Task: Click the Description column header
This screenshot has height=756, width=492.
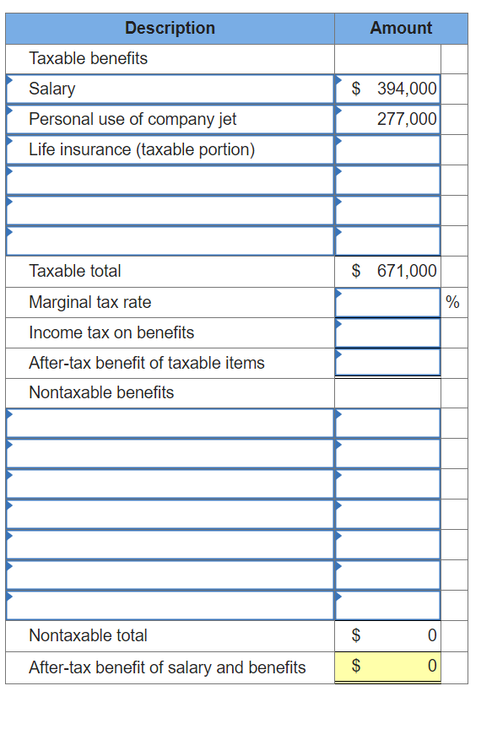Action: [170, 28]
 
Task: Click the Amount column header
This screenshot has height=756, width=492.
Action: [401, 28]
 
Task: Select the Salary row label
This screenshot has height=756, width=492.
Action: [52, 89]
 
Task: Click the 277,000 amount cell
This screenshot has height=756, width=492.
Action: [406, 119]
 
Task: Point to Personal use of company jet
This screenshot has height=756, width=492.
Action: [132, 119]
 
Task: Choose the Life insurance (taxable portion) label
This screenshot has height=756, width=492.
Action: [142, 149]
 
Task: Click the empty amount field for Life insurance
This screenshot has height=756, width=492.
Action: [388, 149]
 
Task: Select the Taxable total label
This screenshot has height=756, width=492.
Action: [75, 271]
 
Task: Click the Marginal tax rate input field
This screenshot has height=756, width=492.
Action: [388, 302]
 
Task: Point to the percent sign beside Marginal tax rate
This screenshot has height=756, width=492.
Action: [452, 302]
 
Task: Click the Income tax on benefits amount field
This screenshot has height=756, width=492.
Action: [388, 332]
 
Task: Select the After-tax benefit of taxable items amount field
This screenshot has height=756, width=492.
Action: [388, 363]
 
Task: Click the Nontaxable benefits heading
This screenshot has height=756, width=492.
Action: [101, 392]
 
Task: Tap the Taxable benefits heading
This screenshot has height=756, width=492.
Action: [88, 58]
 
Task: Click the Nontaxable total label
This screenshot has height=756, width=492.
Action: [88, 635]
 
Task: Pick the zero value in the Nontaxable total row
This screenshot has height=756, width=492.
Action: [431, 635]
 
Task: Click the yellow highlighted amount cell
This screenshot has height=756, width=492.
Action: [388, 667]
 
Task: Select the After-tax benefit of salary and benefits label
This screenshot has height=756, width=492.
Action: [167, 667]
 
